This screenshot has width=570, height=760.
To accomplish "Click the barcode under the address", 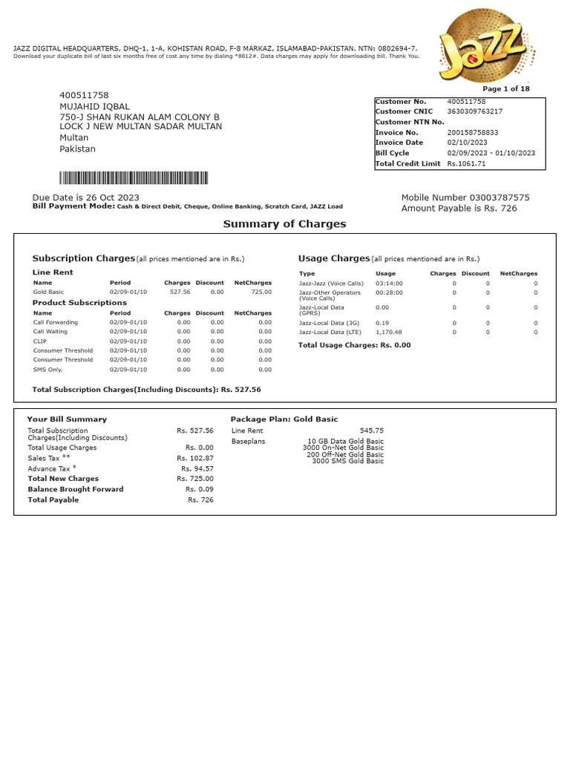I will [x=134, y=178].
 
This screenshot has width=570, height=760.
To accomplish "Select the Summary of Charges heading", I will [x=284, y=224].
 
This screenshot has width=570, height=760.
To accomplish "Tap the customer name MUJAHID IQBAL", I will [x=94, y=107].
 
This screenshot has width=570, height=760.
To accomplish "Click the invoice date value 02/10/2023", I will [x=466, y=142].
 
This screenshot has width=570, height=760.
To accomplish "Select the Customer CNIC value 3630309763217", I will [x=474, y=111].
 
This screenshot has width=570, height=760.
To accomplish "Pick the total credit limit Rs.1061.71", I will [x=466, y=163].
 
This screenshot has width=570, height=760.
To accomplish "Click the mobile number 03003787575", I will [x=499, y=197].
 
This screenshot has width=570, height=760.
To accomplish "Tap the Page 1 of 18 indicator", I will [x=506, y=89].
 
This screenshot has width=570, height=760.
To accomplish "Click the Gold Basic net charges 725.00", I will [x=259, y=292].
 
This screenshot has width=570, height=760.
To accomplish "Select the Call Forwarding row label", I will [x=56, y=323].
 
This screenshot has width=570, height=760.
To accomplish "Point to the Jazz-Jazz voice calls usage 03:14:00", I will [x=389, y=284].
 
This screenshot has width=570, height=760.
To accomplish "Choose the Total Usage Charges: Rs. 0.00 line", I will [x=354, y=345].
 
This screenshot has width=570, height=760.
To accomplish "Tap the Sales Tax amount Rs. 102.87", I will [x=195, y=459].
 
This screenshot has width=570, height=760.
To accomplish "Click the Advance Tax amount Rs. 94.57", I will [x=197, y=469].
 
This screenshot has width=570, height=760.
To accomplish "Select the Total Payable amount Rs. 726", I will [x=200, y=500].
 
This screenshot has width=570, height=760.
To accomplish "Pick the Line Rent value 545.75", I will [x=371, y=430].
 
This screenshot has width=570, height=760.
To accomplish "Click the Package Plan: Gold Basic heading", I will [x=284, y=419].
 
